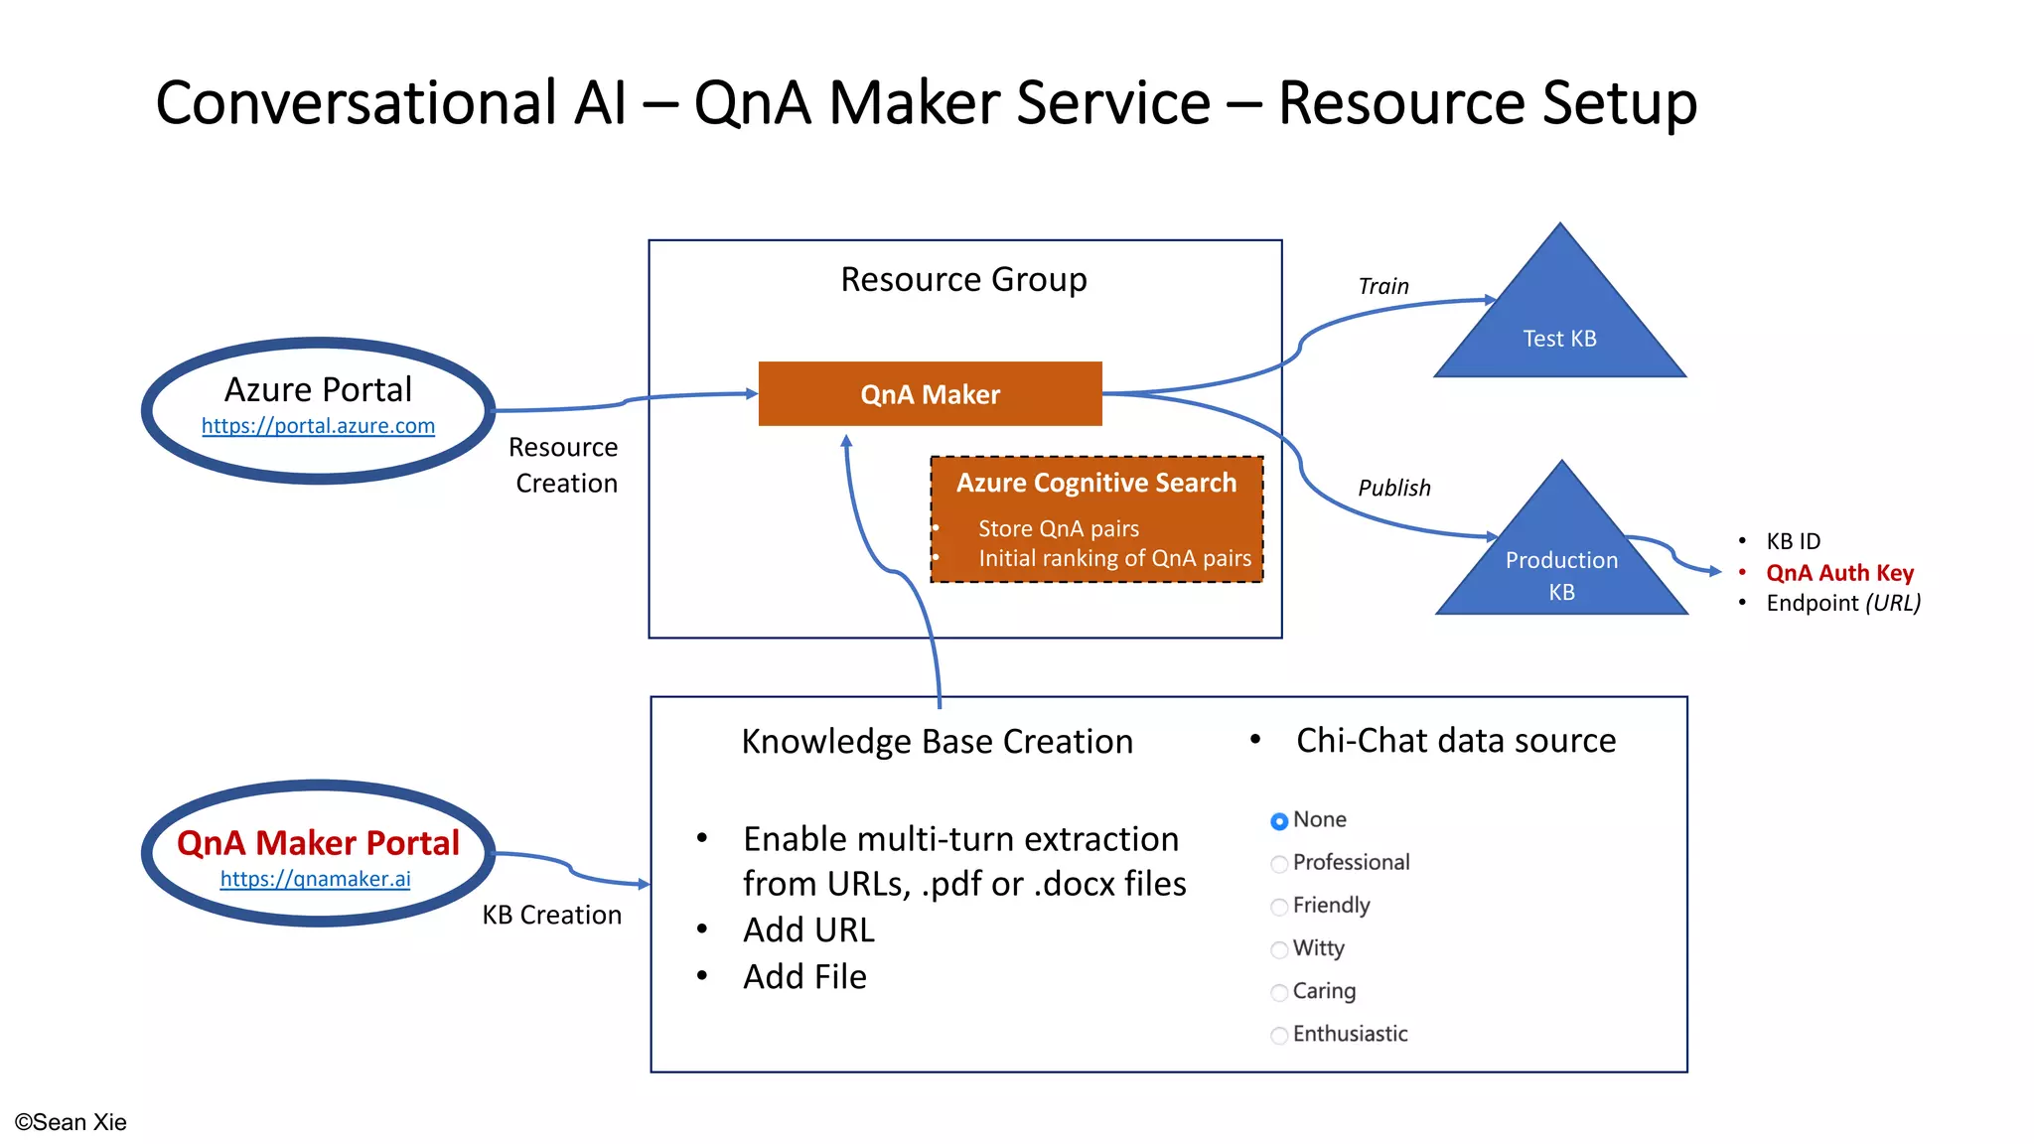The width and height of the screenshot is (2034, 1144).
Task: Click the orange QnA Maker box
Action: pos(930,394)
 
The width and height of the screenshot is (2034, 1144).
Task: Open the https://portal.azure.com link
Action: pos(318,426)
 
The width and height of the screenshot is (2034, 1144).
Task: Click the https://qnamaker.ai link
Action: pos(315,879)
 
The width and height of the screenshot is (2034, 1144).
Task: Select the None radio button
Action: pos(1279,821)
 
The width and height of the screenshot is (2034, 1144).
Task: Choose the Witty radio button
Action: pos(1279,949)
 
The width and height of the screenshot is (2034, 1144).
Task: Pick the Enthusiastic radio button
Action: pos(1279,1036)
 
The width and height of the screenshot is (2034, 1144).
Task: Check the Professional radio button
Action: pos(1279,864)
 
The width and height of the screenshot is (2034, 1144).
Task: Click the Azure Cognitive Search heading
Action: pos(1096,483)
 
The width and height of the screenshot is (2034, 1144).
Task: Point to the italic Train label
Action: pos(1382,287)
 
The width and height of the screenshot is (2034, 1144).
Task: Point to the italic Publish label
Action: pos(1393,489)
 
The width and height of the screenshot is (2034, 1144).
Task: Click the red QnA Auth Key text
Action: pos(1839,573)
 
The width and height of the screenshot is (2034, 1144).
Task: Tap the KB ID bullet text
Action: pos(1793,541)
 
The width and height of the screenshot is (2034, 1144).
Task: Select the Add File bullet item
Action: pos(804,977)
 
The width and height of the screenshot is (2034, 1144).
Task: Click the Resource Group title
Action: pos(963,280)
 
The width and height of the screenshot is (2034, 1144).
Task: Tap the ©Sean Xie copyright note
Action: pos(71,1122)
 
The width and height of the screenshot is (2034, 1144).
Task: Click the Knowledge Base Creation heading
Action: pos(937,742)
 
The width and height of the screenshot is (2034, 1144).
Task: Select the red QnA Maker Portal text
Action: pos(318,843)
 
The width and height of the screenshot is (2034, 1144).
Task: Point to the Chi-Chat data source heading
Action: pos(1455,741)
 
